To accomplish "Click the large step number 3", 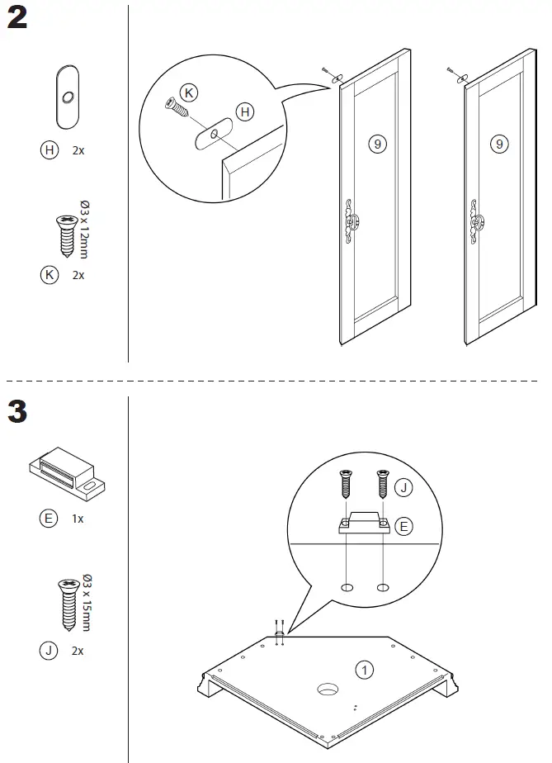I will pos(17,410).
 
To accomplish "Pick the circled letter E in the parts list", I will pos(49,519).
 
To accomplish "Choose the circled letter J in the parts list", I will pos(49,651).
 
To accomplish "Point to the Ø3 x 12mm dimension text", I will pos(84,229).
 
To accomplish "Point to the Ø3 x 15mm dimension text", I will pos(85,601).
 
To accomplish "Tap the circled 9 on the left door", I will pos(376,144).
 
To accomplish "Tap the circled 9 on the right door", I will pos(499,144).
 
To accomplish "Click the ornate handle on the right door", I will pos(476,220).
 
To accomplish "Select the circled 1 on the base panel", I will pos(364,669).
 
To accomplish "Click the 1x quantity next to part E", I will pos(78,519).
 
